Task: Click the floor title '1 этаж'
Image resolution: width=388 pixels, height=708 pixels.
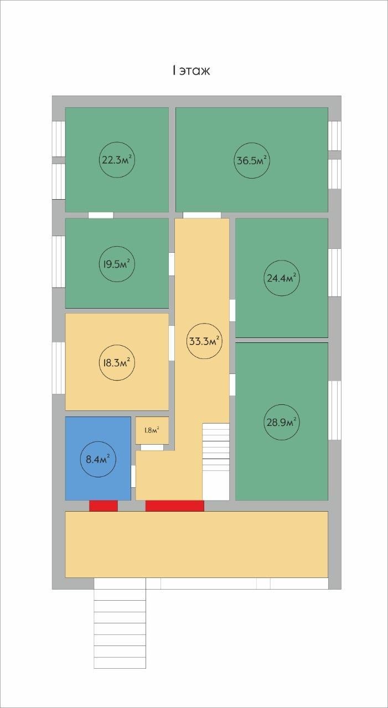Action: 191,70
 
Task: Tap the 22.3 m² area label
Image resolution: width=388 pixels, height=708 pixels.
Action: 117,160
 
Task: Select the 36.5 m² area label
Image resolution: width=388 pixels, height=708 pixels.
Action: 252,160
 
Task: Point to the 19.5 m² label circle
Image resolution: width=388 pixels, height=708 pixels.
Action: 117,264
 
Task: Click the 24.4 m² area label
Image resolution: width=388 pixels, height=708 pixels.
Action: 281,278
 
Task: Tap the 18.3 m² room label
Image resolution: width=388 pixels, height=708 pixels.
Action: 117,362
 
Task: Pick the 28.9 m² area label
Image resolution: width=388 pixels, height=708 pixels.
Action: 281,422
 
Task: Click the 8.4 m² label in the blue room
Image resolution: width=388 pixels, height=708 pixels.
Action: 98,459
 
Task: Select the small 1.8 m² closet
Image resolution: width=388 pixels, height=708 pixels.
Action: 152,430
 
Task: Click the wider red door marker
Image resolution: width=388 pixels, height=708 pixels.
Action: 174,506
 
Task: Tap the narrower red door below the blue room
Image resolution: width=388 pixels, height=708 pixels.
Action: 104,506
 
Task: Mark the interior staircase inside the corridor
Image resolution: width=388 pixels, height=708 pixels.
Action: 216,462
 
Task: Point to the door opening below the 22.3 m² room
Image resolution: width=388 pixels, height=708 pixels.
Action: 101,215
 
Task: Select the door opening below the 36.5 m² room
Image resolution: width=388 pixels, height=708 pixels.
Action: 201,215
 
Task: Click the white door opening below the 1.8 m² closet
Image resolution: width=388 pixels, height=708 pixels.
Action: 152,447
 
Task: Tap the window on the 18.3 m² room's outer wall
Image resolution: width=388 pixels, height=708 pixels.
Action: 59,368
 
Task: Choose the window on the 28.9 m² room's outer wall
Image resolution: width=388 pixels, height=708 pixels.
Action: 334,410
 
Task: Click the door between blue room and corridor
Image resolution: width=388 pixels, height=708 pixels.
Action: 133,476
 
